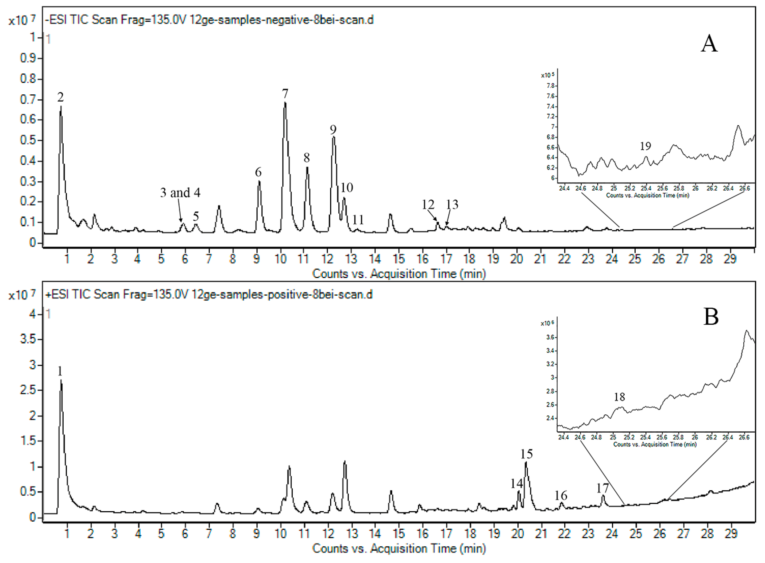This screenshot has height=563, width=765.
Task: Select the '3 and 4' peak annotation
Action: [x=180, y=193]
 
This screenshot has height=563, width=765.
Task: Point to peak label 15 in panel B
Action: [x=527, y=454]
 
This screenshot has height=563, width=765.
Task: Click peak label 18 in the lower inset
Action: [x=619, y=397]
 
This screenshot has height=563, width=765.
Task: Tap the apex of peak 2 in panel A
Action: [x=61, y=107]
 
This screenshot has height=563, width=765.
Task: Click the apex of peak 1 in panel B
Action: [x=61, y=380]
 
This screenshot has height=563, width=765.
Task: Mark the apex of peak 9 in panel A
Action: [x=334, y=137]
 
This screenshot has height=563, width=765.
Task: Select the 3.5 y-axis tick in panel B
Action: [x=28, y=340]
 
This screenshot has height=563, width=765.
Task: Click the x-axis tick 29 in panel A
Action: [x=730, y=259]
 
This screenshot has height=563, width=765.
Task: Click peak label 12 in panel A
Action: [x=428, y=205]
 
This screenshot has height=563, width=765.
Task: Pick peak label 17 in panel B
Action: [x=602, y=488]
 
